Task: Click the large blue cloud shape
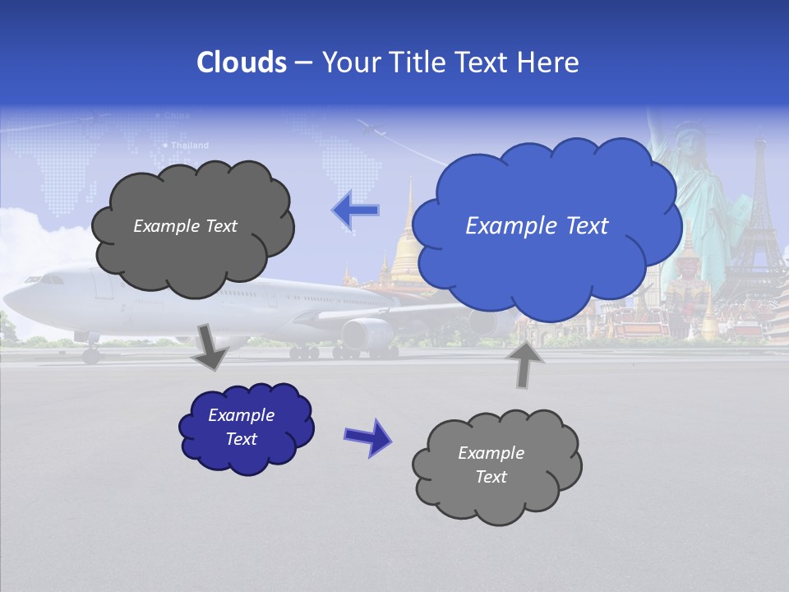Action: pos(542,226)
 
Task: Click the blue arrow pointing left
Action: pos(356,210)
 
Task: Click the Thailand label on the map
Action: pos(190,146)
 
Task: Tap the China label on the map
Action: pos(177,116)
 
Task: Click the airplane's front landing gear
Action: pos(90,354)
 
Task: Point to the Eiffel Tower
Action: pos(759,214)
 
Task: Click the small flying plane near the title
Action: pos(371,128)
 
